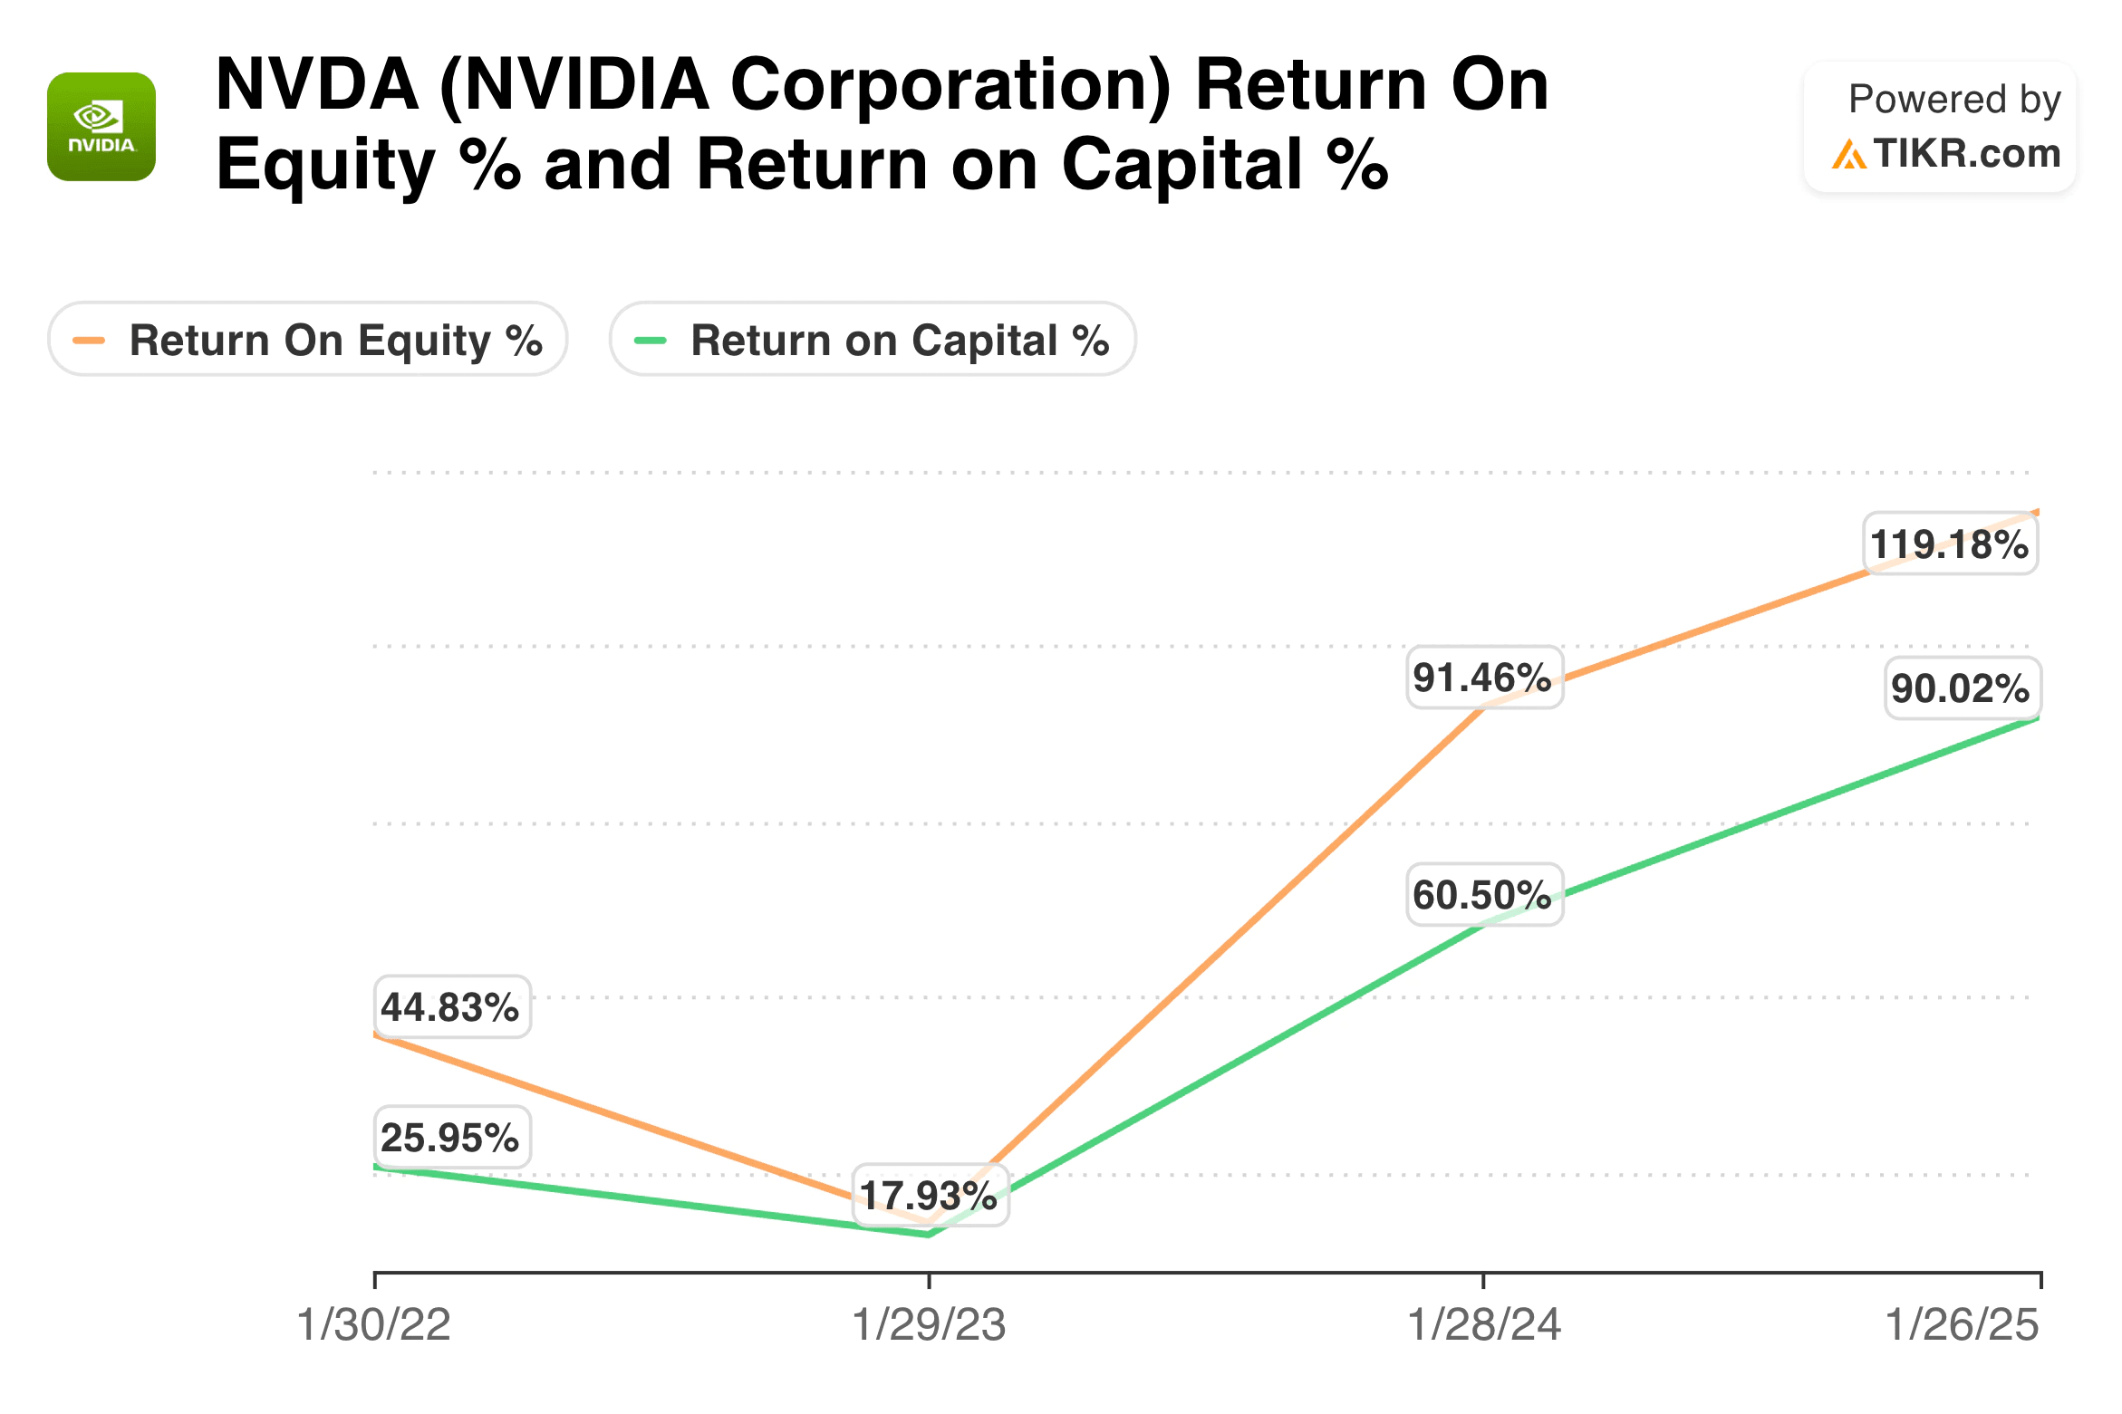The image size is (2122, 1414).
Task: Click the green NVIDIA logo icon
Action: [101, 127]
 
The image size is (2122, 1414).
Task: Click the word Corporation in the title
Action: [950, 85]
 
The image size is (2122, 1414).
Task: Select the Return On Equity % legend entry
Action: [308, 340]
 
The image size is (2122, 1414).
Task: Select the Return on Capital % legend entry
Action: [873, 340]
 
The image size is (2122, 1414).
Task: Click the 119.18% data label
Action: [1950, 544]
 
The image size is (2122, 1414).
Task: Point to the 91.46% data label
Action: [1483, 678]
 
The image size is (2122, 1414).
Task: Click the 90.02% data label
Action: [1962, 688]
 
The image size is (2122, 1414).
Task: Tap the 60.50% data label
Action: [1483, 895]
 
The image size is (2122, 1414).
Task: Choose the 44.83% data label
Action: [451, 1007]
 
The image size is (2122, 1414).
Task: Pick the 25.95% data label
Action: [451, 1138]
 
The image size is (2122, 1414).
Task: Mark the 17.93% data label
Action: [930, 1196]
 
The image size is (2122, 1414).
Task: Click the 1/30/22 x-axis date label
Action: [374, 1325]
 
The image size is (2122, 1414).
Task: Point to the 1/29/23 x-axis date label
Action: [930, 1325]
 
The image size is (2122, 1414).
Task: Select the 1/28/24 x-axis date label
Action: [1484, 1325]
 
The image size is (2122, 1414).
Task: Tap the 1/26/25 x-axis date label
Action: [1962, 1325]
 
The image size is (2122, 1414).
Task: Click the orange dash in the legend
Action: [89, 341]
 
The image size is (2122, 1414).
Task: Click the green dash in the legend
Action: [651, 341]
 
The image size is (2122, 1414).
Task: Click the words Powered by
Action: [1954, 99]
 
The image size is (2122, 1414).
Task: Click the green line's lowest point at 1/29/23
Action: [930, 1234]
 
